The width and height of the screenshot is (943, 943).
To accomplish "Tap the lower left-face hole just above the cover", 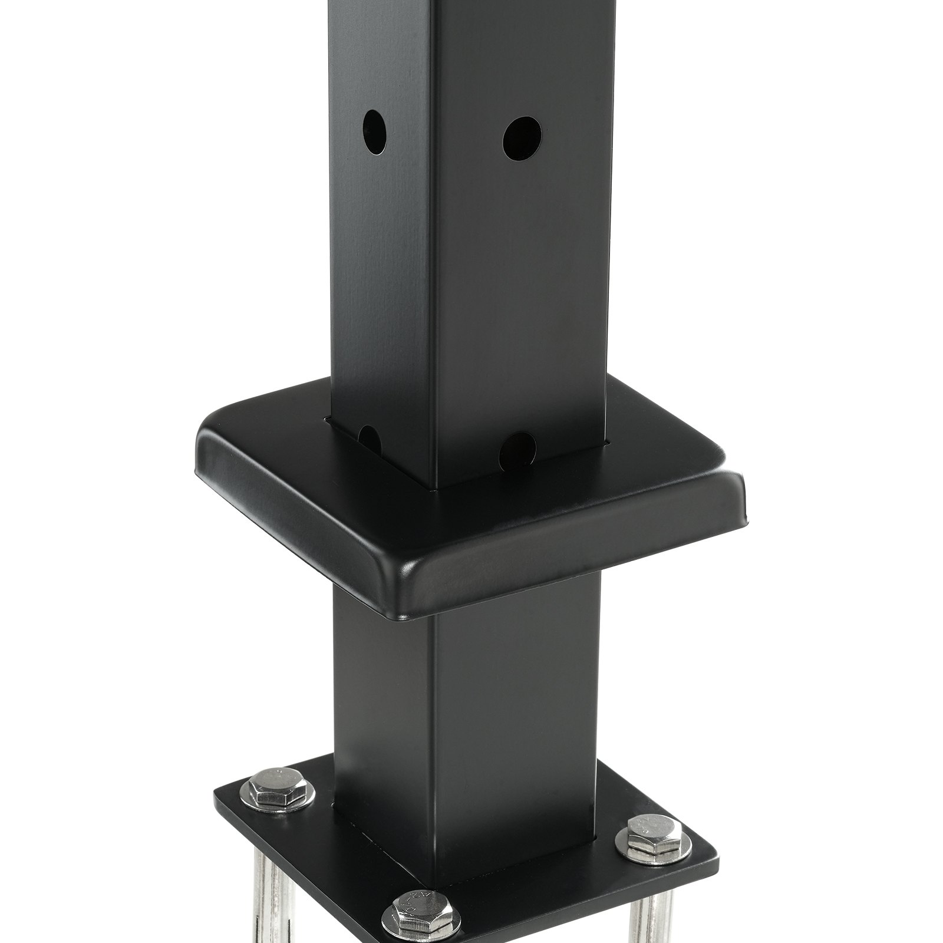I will [370, 439].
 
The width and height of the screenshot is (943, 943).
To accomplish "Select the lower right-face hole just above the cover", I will [517, 449].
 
